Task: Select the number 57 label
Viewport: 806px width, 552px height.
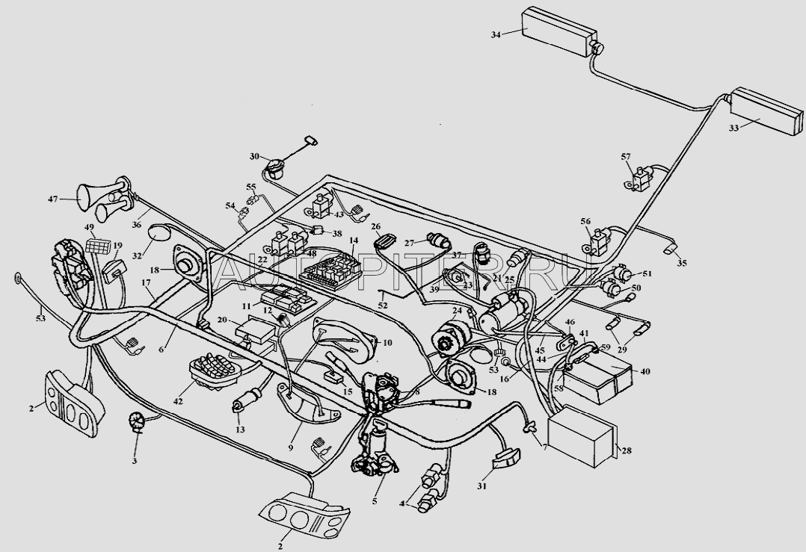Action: [626, 157]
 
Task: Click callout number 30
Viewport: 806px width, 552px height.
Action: [254, 157]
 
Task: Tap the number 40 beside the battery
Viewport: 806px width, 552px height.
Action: [645, 370]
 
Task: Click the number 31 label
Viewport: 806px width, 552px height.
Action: [482, 486]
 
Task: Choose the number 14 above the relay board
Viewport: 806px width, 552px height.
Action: [354, 241]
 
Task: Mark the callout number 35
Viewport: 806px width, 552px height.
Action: [681, 262]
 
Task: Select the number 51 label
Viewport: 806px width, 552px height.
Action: [647, 274]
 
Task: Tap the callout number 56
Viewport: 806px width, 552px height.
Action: [585, 221]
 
